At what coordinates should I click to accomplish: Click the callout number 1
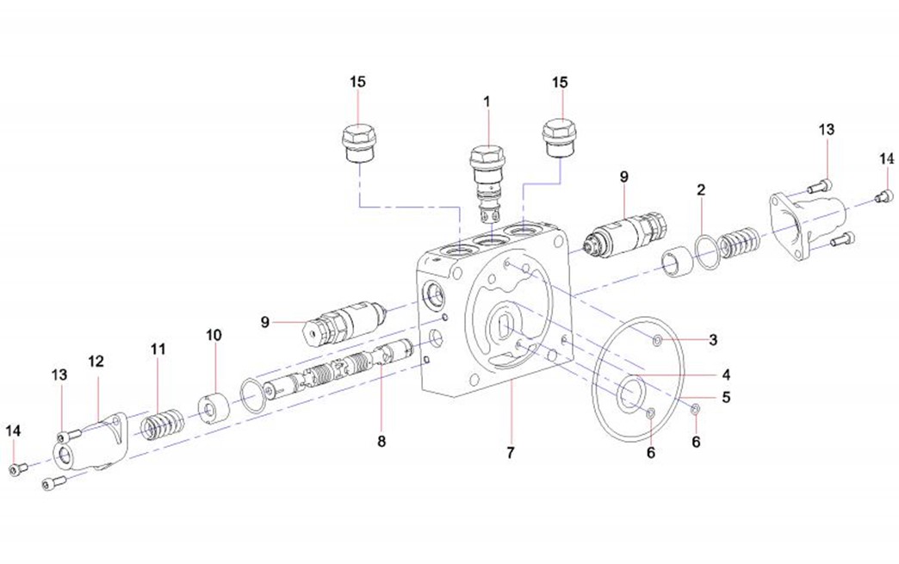click(x=487, y=102)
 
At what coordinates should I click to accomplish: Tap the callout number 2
click(x=702, y=189)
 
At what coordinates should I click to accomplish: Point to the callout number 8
click(x=381, y=441)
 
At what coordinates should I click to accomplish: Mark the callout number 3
click(x=713, y=339)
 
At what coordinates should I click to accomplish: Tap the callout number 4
click(x=726, y=375)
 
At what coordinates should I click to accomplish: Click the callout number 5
click(x=726, y=397)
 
